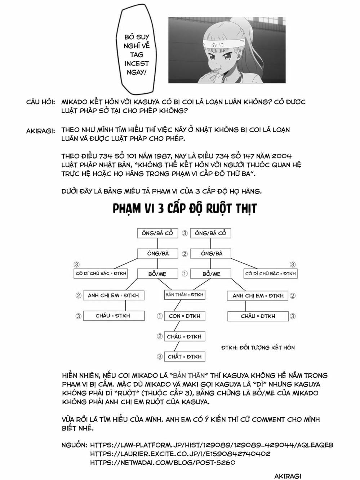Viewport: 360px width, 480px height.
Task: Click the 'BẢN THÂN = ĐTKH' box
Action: [184, 295]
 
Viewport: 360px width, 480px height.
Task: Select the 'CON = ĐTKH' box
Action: [184, 316]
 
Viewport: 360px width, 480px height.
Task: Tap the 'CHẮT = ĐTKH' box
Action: [184, 357]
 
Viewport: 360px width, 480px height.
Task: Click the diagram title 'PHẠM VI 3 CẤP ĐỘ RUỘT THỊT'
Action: [185, 208]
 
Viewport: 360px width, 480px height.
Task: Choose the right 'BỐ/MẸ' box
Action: [211, 274]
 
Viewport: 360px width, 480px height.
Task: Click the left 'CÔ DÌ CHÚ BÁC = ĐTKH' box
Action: [101, 274]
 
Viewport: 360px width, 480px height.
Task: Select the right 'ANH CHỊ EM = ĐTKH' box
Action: [258, 296]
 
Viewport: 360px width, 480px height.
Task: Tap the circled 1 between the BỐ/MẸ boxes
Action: [185, 274]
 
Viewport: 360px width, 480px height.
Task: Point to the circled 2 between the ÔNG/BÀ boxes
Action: [185, 254]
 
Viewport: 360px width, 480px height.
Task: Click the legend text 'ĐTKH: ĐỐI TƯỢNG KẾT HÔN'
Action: [258, 348]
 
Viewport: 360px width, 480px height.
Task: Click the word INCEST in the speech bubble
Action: [137, 63]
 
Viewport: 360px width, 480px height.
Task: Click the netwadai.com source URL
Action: [163, 463]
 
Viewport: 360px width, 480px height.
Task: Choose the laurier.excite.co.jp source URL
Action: [180, 454]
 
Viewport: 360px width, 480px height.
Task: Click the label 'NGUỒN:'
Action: [74, 445]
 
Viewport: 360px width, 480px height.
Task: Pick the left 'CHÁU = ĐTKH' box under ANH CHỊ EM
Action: [114, 316]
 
